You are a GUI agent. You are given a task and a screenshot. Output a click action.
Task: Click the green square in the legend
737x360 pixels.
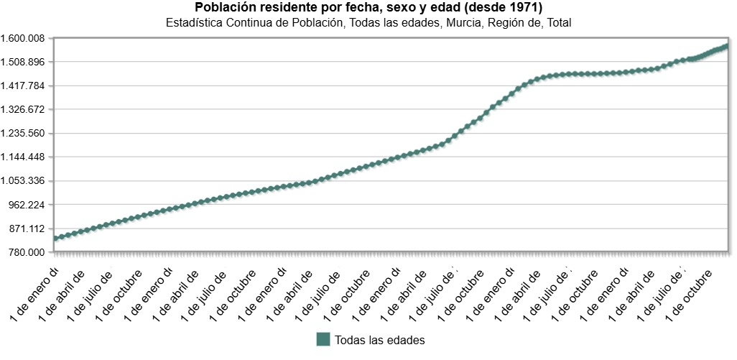323,339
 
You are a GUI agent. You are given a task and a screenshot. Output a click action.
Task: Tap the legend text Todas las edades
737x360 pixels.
380,340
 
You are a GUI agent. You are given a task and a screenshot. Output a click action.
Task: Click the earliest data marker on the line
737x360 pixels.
56,239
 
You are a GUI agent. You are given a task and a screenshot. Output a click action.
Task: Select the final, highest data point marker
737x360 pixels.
726,46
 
